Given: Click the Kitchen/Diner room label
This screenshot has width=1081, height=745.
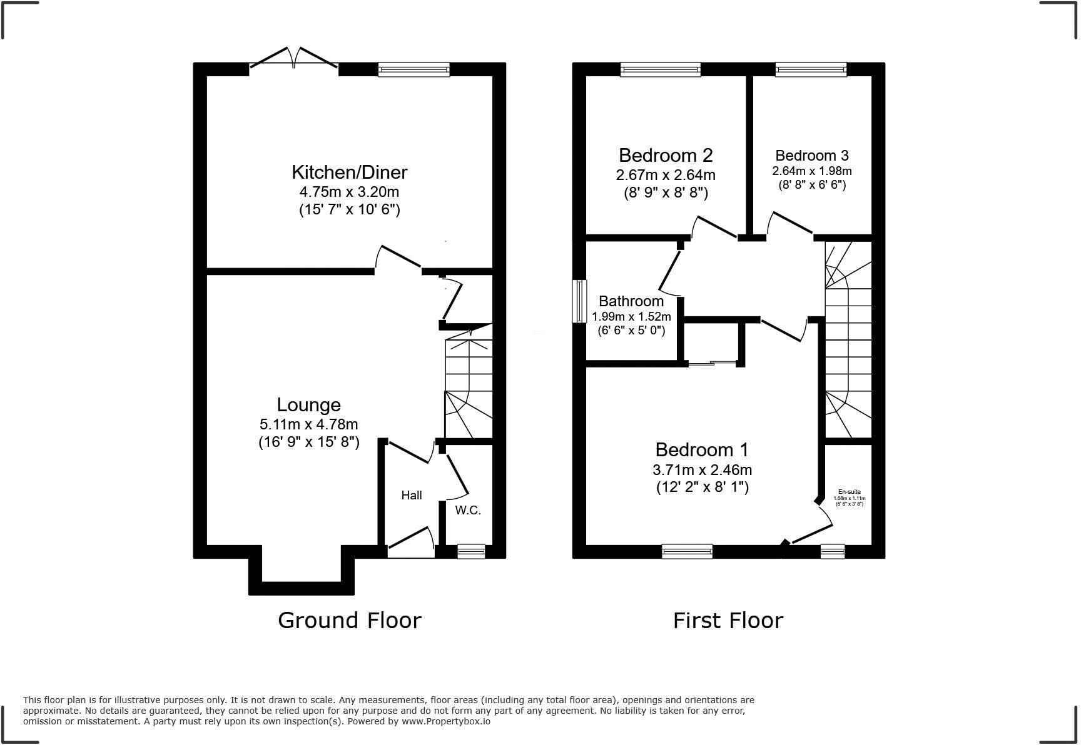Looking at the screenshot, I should [x=349, y=172].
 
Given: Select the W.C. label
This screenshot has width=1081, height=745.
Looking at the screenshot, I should [x=468, y=510].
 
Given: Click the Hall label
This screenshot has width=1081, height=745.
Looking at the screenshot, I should [x=412, y=496].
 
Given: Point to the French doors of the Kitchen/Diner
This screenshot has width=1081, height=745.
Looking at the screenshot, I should [x=294, y=59].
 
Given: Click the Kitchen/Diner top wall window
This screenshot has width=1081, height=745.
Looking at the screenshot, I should [x=414, y=69].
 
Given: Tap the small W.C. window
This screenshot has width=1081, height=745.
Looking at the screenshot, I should [x=471, y=551].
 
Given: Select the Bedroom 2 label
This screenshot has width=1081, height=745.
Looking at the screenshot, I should [x=666, y=155].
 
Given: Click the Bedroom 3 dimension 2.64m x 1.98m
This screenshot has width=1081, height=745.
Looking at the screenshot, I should [x=812, y=171].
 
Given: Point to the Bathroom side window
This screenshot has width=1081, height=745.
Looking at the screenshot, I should [x=579, y=301].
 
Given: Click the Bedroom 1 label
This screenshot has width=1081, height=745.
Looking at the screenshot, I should [x=702, y=449].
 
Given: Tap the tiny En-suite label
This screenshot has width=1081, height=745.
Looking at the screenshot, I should [x=849, y=492].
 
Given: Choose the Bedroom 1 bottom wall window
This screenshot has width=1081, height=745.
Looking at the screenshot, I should [x=687, y=551].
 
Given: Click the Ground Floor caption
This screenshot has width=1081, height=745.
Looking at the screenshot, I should [x=349, y=620].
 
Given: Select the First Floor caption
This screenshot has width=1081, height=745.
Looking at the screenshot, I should [x=728, y=620].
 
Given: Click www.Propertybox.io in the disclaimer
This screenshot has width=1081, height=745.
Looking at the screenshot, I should [x=445, y=721].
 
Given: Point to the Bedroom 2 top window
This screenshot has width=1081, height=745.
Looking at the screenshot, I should [x=660, y=69].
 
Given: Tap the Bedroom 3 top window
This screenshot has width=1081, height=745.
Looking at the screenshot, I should [x=811, y=69].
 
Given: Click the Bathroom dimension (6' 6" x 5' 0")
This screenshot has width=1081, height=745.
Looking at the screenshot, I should [x=631, y=330].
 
